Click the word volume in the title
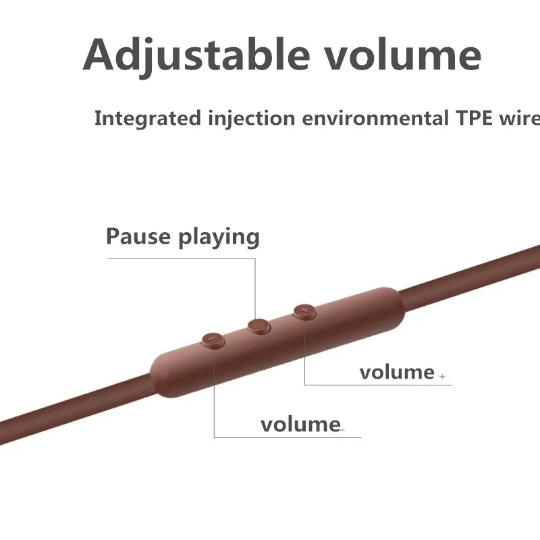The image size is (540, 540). (403, 55)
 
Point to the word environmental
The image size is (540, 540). (375, 117)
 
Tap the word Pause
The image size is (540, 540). (138, 236)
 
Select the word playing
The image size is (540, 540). (219, 237)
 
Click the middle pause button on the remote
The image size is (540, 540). (259, 326)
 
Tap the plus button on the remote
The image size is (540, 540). (304, 312)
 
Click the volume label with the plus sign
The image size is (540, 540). (397, 373)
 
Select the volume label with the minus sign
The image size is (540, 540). (300, 425)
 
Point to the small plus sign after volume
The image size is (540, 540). (442, 377)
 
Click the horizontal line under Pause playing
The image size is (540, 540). (182, 259)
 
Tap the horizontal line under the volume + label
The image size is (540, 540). (378, 385)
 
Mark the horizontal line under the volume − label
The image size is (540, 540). (288, 437)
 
